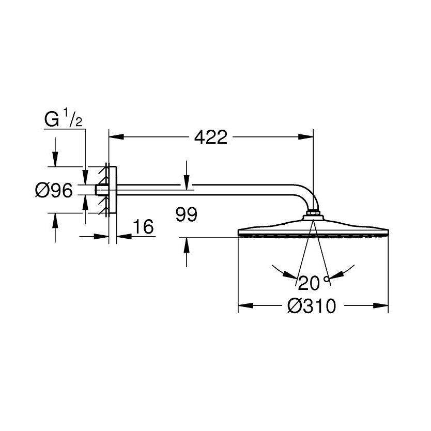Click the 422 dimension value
[x=211, y=137]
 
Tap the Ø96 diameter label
[x=54, y=190]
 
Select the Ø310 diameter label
[x=312, y=305]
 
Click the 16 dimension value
[x=143, y=227]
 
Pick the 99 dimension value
[x=187, y=214]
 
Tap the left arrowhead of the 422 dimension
[x=116, y=136]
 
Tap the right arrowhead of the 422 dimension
[x=305, y=136]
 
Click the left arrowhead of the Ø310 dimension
[x=245, y=305]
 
